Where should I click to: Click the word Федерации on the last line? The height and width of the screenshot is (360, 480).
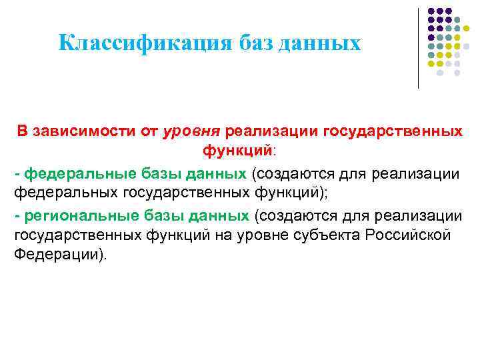[x=57, y=256]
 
